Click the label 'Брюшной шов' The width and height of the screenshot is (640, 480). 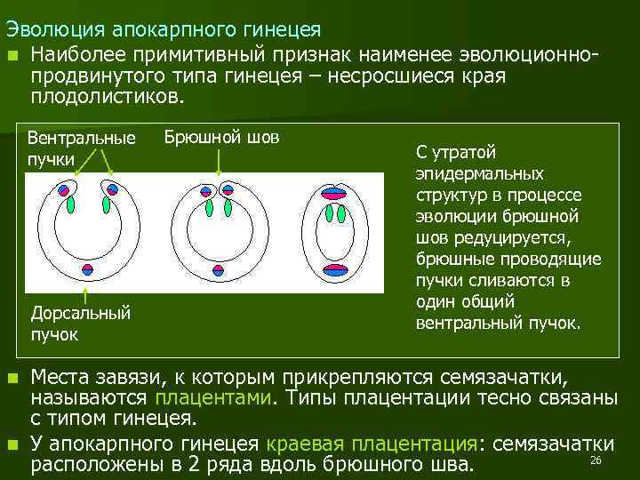tap(221, 138)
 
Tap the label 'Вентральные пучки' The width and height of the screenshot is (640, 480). tap(82, 148)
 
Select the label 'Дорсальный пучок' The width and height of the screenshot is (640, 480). tap(80, 323)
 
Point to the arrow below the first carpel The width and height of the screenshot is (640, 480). tap(85, 294)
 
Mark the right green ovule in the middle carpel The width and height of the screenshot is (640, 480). tap(228, 208)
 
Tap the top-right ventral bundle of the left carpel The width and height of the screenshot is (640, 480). tap(111, 189)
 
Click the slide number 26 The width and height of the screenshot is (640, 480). tap(596, 460)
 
